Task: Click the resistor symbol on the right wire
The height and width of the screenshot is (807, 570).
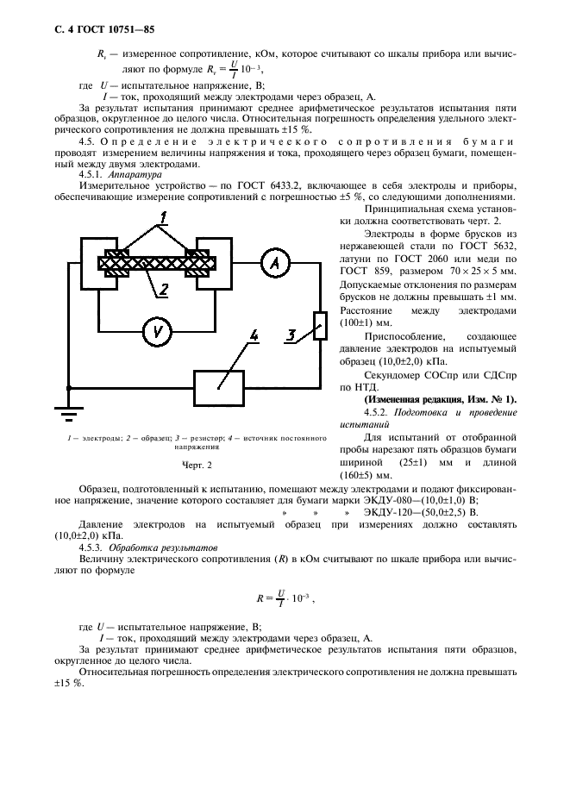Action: (x=319, y=325)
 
